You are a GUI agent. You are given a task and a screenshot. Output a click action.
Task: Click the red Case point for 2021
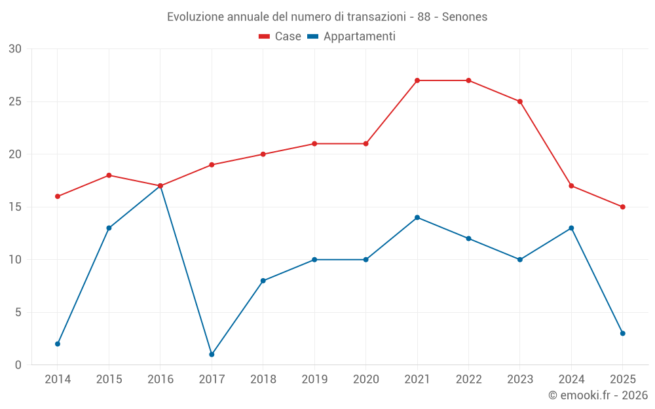417,80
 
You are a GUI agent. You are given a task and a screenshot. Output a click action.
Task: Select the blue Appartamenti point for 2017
212,354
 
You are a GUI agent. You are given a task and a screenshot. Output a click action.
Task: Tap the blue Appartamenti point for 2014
58,344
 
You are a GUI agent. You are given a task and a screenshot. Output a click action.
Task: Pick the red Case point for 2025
623,207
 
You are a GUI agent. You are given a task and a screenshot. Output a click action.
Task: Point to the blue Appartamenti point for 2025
623,333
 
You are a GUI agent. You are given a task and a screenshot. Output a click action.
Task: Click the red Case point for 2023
520,101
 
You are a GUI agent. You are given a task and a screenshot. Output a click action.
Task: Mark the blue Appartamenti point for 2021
417,217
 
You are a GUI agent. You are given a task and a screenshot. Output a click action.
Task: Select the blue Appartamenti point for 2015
109,228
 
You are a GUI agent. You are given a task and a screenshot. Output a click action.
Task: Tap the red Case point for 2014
58,196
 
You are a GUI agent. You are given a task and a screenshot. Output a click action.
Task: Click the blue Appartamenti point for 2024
571,228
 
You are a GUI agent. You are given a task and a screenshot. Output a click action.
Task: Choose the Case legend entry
280,37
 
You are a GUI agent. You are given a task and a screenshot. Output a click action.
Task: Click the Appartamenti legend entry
352,37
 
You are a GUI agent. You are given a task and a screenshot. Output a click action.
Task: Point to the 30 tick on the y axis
15,49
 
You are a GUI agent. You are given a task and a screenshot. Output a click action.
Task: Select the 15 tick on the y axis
15,207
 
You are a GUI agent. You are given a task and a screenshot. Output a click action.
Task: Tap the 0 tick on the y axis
18,365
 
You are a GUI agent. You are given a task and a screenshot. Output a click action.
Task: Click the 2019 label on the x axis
314,380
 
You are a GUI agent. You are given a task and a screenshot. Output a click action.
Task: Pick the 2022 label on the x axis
468,380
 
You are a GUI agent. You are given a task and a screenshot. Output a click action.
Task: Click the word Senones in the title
464,17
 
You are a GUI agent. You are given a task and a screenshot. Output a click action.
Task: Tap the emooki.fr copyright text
598,395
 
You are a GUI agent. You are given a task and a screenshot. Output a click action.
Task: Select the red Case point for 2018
263,154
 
